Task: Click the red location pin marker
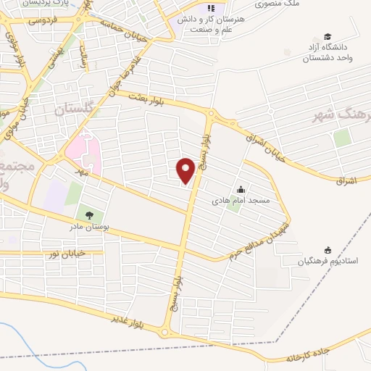[186, 171]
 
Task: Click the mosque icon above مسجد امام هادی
[241, 188]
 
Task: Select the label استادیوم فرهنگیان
[331, 260]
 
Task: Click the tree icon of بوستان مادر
[89, 215]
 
